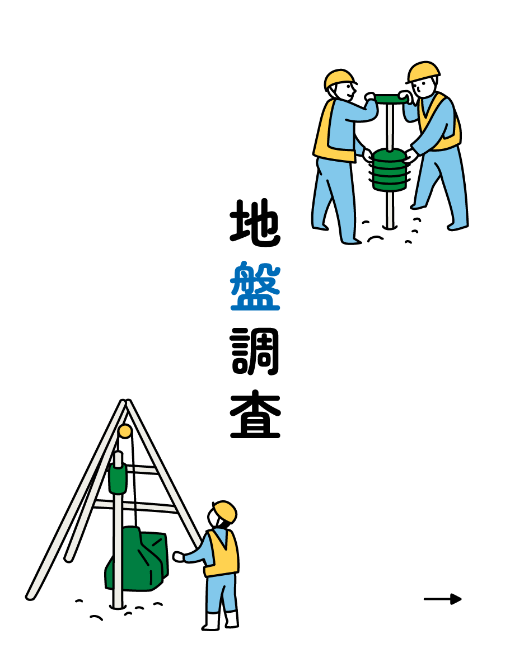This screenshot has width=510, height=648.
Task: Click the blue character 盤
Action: coord(255,285)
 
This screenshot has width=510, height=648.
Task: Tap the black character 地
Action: coord(255,223)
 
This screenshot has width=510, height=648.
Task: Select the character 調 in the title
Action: coord(255,351)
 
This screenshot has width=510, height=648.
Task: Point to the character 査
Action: coord(255,414)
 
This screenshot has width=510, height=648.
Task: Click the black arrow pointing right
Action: coord(443,599)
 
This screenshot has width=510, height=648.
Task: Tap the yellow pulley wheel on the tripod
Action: coord(125,431)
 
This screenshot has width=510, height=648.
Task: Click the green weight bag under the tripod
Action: coord(137,558)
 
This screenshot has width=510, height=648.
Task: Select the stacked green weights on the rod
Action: coord(389,170)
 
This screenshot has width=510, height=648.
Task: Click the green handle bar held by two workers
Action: coord(390,99)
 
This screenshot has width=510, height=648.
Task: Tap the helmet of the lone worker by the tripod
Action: coord(225,511)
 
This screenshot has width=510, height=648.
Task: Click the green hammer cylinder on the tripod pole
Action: coord(118,478)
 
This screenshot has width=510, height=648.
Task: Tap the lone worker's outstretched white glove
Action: coord(179,557)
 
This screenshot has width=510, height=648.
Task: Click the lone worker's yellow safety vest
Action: coord(222,553)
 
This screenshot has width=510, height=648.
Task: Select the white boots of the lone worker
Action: coord(221,621)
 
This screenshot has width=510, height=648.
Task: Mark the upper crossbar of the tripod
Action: coord(142,469)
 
